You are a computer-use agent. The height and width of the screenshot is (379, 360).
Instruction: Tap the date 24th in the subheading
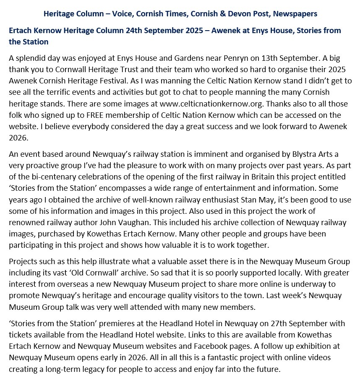tap(135, 31)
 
